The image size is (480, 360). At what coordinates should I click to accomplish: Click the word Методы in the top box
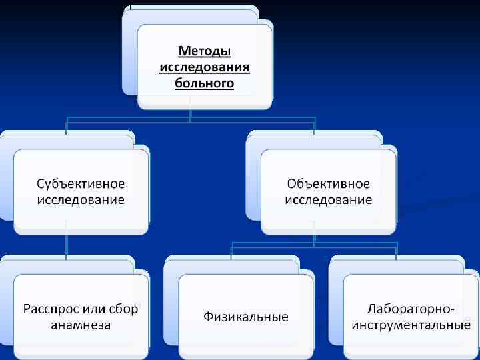tap(205, 51)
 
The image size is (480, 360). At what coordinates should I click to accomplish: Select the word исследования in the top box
tap(205, 67)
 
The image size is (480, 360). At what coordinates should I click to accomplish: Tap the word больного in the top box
tap(205, 83)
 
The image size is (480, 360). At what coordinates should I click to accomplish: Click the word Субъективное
tap(81, 183)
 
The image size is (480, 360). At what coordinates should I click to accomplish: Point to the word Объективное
tap(329, 183)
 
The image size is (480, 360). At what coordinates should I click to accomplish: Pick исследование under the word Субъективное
tap(81, 199)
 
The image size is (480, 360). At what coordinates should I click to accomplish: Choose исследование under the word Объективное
tap(329, 199)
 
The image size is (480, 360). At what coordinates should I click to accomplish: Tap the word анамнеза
tap(81, 325)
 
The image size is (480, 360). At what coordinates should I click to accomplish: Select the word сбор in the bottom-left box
tap(121, 309)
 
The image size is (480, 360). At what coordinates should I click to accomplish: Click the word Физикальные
tap(246, 317)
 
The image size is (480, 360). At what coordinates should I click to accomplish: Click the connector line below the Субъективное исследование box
tap(66, 244)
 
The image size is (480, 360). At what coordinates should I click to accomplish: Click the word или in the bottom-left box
tap(94, 309)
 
